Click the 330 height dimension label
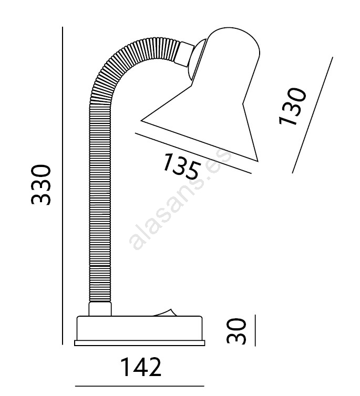(41, 184)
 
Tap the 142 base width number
(141, 367)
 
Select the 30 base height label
(236, 331)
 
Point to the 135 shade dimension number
(181, 166)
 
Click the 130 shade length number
(292, 106)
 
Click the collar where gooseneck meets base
(100, 309)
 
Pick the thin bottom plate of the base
(140, 343)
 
